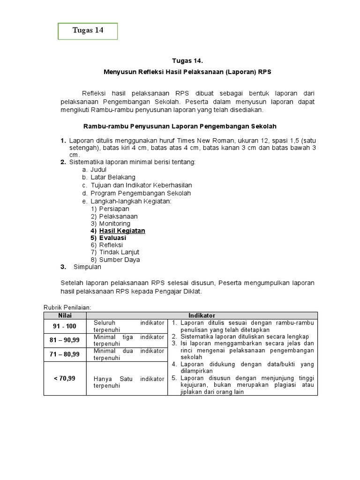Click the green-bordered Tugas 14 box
pyautogui.click(x=88, y=31)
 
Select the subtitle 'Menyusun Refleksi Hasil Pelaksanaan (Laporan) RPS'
pyautogui.click(x=187, y=72)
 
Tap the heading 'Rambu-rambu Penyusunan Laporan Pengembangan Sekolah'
pyautogui.click(x=180, y=127)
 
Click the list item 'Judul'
pyautogui.click(x=98, y=169)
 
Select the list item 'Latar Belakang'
pyautogui.click(x=112, y=177)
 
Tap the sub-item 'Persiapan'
pyautogui.click(x=114, y=209)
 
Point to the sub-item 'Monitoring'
pyautogui.click(x=115, y=224)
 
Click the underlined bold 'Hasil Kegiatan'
pyautogui.click(x=122, y=231)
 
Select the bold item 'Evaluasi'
pyautogui.click(x=112, y=238)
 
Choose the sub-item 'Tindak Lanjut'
pyautogui.click(x=119, y=252)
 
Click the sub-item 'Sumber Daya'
pyautogui.click(x=119, y=260)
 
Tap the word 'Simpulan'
pyautogui.click(x=87, y=267)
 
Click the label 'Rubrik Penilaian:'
pyautogui.click(x=67, y=307)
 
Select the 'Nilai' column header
pyautogui.click(x=65, y=315)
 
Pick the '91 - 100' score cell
pyautogui.click(x=65, y=326)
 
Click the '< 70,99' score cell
pyautogui.click(x=65, y=378)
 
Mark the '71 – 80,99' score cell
pyautogui.click(x=65, y=354)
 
